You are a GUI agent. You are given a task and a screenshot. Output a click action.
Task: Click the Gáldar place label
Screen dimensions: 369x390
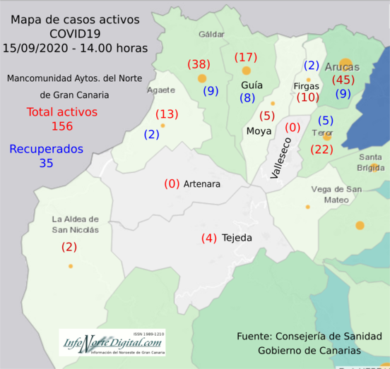click(x=211, y=34)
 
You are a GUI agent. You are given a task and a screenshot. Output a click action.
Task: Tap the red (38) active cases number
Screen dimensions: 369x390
click(x=199, y=64)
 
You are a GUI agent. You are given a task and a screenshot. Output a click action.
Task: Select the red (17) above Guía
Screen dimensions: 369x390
click(x=246, y=57)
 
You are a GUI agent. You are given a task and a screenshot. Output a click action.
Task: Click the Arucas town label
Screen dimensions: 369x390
click(x=343, y=67)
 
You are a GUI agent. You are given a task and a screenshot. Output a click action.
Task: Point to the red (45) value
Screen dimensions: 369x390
click(x=343, y=80)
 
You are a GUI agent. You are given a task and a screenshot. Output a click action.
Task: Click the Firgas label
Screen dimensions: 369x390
click(x=306, y=86)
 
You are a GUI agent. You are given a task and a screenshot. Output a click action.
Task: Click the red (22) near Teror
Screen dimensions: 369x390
click(x=321, y=149)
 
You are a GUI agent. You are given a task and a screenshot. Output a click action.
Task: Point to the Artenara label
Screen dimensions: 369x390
click(x=202, y=184)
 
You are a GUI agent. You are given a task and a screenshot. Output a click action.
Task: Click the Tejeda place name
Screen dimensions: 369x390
click(x=237, y=238)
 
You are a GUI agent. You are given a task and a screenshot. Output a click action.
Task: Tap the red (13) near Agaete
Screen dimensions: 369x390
click(x=166, y=114)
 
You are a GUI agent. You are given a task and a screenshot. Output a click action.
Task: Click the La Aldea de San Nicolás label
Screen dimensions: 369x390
click(x=75, y=224)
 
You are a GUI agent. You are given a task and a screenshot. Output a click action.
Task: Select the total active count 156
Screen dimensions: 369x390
click(x=62, y=126)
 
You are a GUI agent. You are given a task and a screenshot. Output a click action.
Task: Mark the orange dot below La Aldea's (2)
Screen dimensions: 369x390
click(x=70, y=266)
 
